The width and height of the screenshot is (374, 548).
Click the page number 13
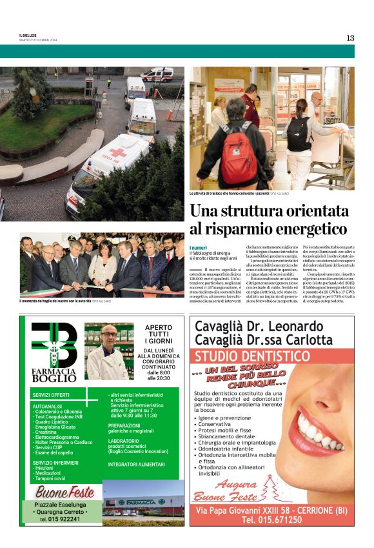350,37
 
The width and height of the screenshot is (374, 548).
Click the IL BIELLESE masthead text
28,35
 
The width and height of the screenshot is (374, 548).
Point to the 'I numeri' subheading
199,248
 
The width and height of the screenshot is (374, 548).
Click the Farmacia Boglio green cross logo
54,345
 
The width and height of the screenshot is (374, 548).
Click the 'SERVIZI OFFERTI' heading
51,394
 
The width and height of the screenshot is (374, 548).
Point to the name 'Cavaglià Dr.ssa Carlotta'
264,340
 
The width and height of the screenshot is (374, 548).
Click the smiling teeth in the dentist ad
317,433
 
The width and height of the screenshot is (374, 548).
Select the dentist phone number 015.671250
271,520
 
